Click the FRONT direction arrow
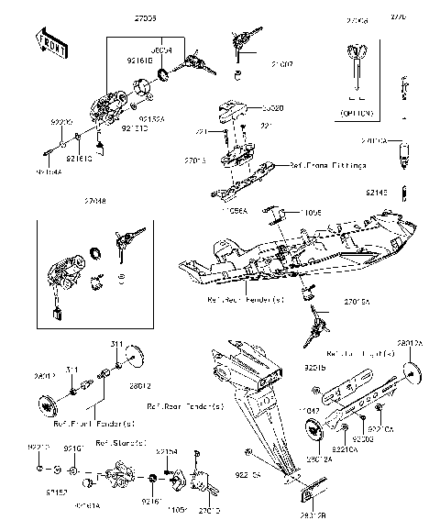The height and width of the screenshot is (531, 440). tap(52, 42)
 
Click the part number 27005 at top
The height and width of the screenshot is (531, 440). tap(147, 18)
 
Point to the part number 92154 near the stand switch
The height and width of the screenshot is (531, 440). tap(166, 452)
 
